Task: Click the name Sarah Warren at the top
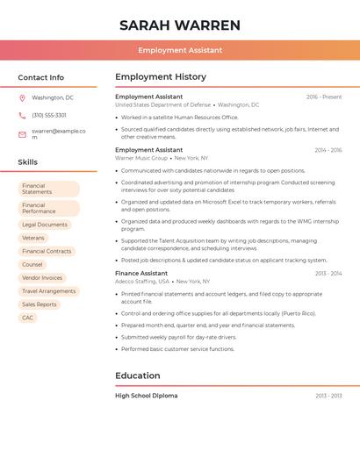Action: pos(180,25)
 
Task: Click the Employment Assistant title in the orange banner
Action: pos(180,50)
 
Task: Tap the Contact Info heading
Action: pos(41,77)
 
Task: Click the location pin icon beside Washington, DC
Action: pos(22,98)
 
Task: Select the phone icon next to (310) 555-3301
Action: pos(22,115)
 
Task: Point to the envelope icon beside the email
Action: pos(22,134)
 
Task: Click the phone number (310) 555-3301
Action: pos(49,115)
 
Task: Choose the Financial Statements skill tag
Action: pos(48,189)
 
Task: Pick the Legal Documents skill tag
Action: pos(45,225)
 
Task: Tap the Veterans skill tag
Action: pos(33,238)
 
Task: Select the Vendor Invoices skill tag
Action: pos(42,277)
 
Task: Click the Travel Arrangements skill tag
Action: pos(48,291)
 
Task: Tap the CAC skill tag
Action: pos(28,318)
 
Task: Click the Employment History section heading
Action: pos(161,77)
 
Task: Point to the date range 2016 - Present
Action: pos(324,97)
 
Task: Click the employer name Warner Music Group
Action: pos(141,159)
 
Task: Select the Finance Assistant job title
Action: pos(141,273)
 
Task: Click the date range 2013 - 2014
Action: pos(328,274)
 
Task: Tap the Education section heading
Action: pos(138,376)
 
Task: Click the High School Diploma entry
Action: pos(147,396)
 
